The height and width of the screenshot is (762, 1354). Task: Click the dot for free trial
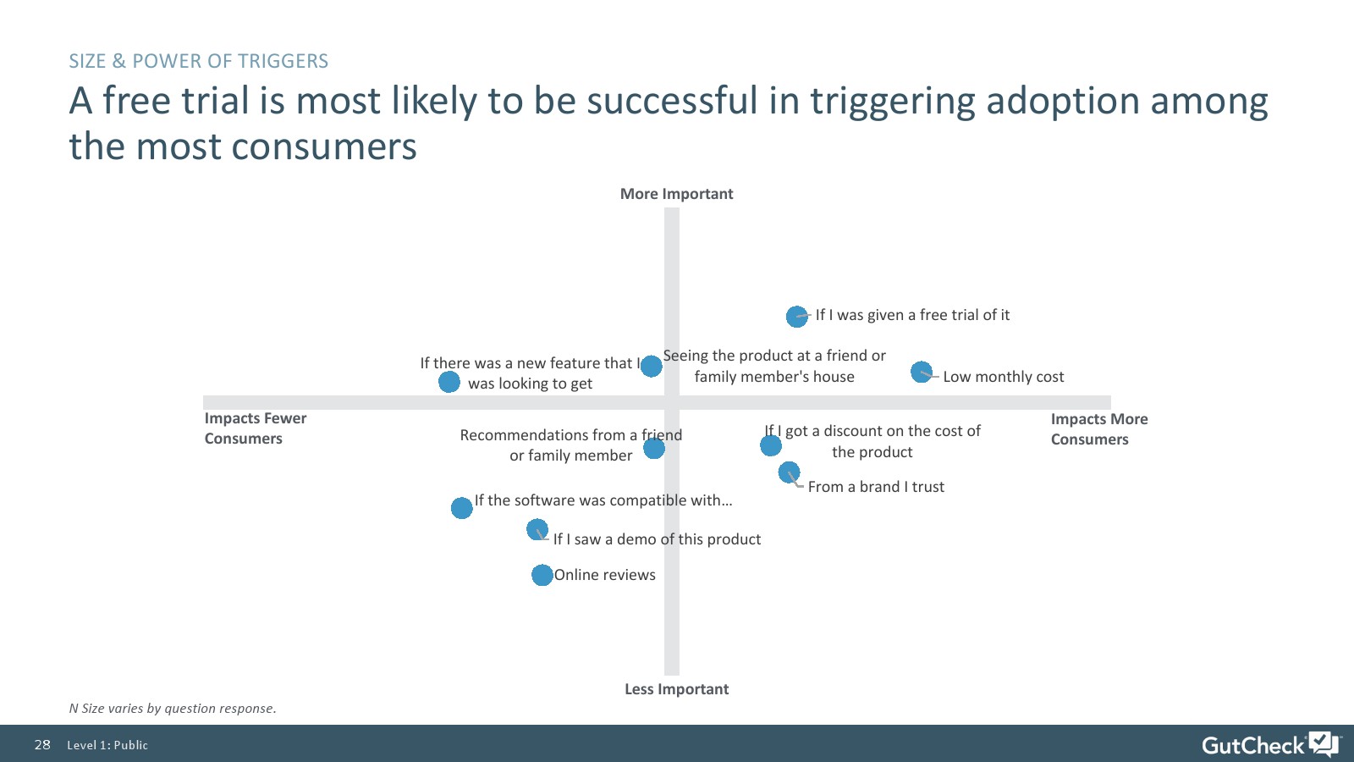click(x=796, y=317)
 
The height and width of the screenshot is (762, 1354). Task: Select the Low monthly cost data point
click(x=922, y=372)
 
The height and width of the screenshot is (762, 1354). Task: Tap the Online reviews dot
click(x=542, y=575)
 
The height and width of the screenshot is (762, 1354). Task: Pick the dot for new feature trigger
click(x=449, y=382)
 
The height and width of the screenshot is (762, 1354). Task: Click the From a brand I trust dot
click(x=789, y=472)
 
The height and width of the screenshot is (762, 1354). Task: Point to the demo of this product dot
click(x=537, y=530)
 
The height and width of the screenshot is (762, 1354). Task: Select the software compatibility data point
click(x=462, y=508)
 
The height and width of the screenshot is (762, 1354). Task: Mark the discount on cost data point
click(x=771, y=445)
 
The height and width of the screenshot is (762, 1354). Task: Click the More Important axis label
click(x=676, y=194)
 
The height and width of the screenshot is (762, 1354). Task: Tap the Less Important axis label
click(x=676, y=689)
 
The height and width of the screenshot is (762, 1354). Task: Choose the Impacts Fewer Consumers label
click(x=255, y=428)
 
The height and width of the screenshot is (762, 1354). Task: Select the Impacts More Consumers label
click(x=1099, y=428)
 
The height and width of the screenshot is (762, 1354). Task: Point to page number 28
click(x=42, y=744)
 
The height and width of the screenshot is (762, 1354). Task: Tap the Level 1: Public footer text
click(x=107, y=745)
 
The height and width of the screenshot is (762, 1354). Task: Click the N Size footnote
click(x=173, y=708)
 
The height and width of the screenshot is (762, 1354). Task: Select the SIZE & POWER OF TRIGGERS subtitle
click(x=198, y=61)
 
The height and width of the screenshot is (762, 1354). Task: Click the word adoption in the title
click(x=1063, y=101)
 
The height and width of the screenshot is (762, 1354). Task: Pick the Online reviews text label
click(x=604, y=575)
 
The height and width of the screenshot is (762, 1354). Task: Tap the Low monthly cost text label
click(x=1004, y=377)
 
